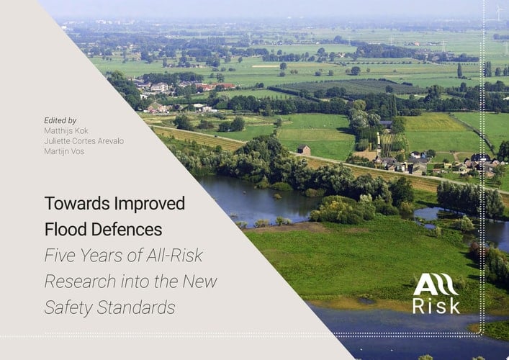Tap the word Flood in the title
point(63,230)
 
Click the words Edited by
point(60,120)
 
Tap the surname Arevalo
point(108,141)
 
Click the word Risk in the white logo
point(436,306)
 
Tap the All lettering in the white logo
point(436,284)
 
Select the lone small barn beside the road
point(304,150)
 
